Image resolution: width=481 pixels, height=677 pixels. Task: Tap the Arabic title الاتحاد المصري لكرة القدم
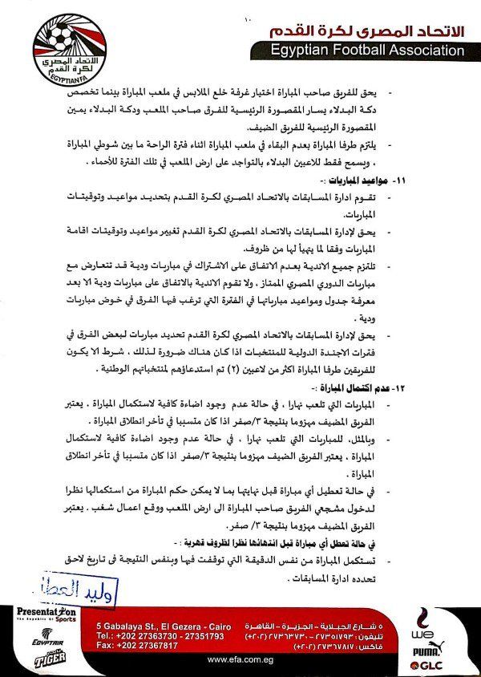[364, 30]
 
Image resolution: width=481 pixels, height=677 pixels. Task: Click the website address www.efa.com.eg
[240, 659]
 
